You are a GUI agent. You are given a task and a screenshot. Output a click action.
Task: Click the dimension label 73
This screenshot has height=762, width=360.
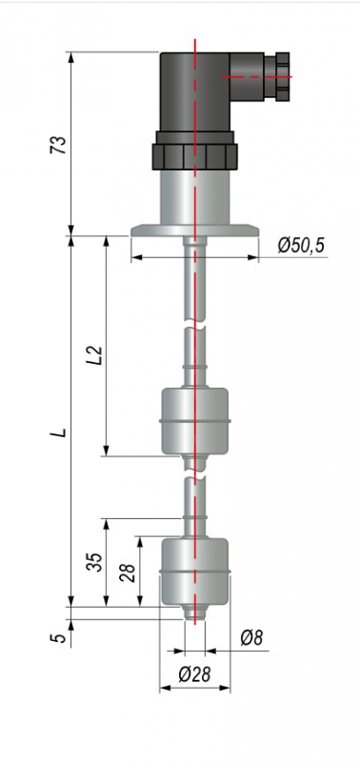(58, 145)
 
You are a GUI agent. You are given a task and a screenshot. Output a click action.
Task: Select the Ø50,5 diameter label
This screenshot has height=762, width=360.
(301, 246)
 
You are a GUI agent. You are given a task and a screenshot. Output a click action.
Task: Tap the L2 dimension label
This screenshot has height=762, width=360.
(96, 354)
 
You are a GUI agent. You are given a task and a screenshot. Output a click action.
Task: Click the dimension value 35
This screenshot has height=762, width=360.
(96, 562)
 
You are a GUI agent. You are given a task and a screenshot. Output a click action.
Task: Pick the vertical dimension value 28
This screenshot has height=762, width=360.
(128, 573)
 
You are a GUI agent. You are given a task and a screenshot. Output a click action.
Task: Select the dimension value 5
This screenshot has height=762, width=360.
(59, 637)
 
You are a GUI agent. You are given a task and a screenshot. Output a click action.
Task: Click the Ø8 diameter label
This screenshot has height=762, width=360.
(251, 638)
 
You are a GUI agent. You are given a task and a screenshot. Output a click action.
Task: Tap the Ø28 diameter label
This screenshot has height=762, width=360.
(194, 674)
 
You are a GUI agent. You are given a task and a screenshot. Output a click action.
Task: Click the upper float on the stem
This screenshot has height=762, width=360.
(195, 421)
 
